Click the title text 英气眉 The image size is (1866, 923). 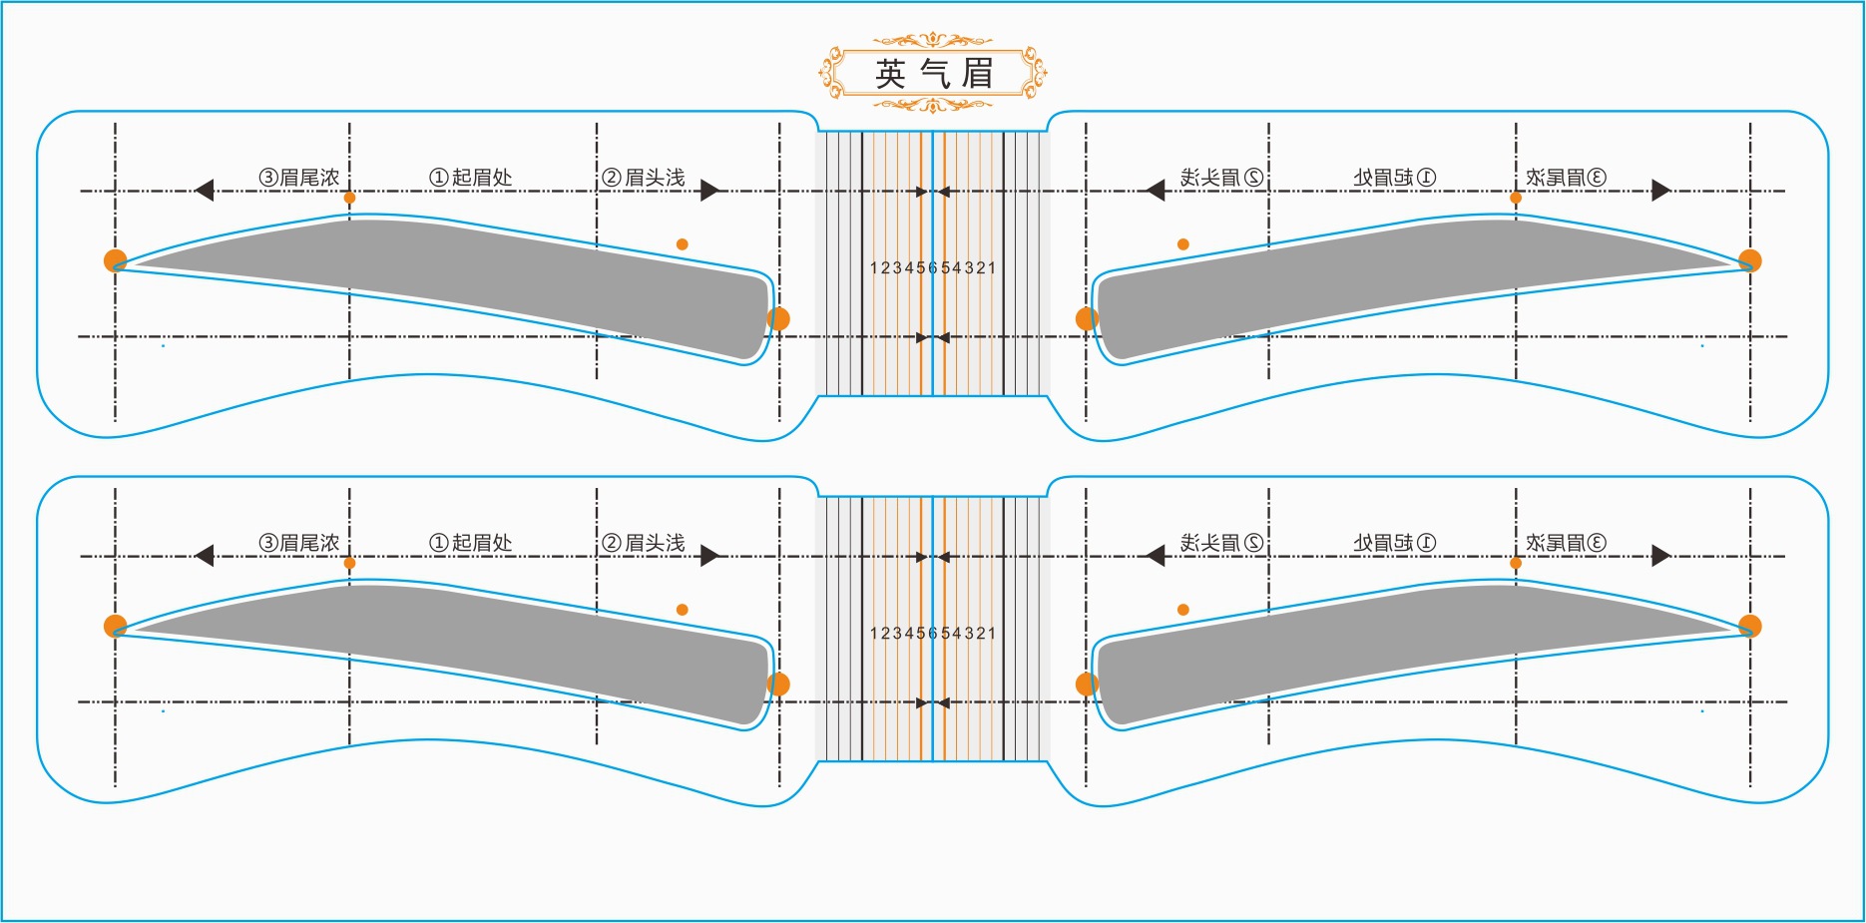pyautogui.click(x=933, y=74)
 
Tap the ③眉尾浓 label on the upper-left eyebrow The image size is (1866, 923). pyautogui.click(x=299, y=178)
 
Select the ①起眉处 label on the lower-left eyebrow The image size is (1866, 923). pyautogui.click(x=471, y=543)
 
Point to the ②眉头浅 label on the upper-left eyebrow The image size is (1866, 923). pyautogui.click(x=644, y=178)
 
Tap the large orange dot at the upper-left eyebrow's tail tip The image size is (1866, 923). pyautogui.click(x=116, y=260)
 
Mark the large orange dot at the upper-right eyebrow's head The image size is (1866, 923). pyautogui.click(x=1087, y=319)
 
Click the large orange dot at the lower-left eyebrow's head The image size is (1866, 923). pyautogui.click(x=778, y=685)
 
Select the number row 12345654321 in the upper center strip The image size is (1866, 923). pyautogui.click(x=933, y=267)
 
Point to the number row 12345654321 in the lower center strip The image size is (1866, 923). pyautogui.click(x=933, y=633)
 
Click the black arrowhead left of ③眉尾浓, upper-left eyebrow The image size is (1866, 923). pyautogui.click(x=205, y=190)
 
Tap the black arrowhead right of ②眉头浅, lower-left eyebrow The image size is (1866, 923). pyautogui.click(x=709, y=556)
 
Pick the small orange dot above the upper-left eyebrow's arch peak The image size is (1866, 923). pyautogui.click(x=349, y=198)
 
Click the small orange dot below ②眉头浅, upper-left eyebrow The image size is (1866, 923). pyautogui.click(x=682, y=244)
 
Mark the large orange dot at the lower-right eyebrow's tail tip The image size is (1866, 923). pyautogui.click(x=1750, y=626)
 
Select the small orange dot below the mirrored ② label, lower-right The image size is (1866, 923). pyautogui.click(x=1183, y=610)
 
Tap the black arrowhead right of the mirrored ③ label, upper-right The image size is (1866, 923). pyautogui.click(x=1660, y=190)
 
